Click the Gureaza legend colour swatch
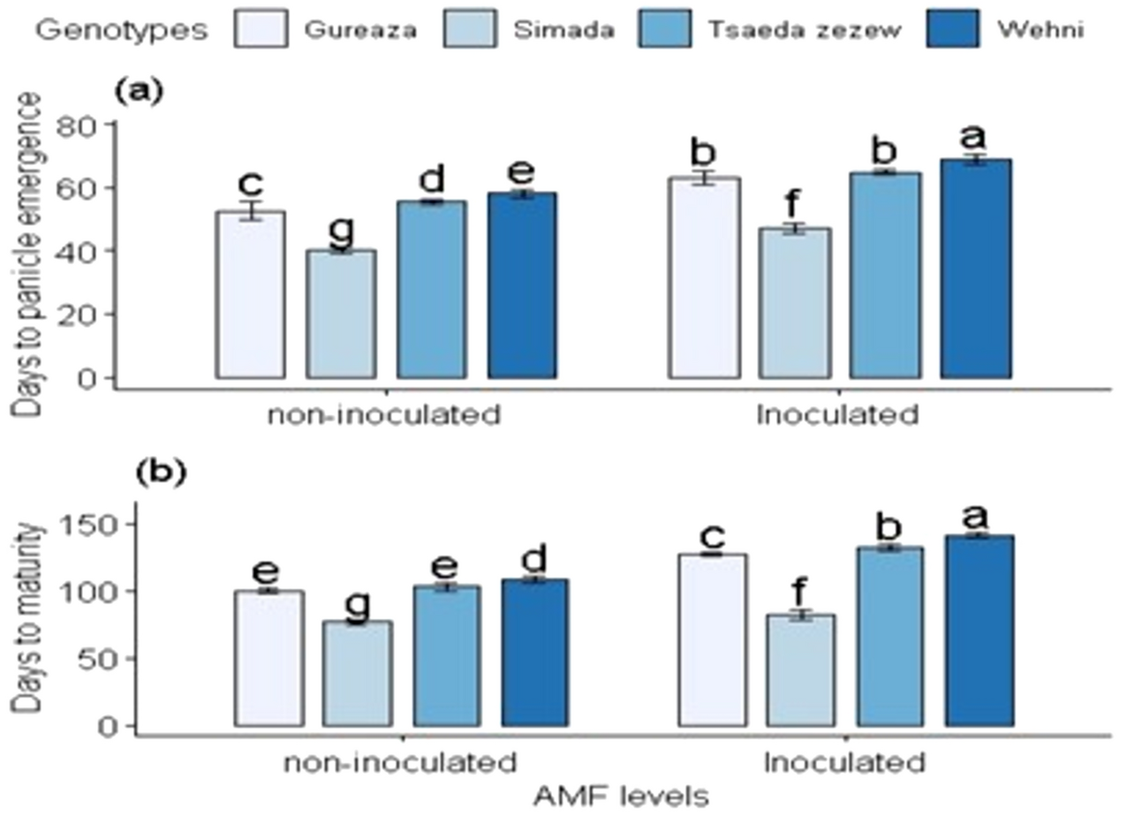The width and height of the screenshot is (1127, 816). (x=262, y=31)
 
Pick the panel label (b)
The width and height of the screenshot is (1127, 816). (x=160, y=472)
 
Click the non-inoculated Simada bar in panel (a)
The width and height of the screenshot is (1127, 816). (x=341, y=314)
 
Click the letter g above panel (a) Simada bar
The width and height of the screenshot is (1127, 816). (x=340, y=230)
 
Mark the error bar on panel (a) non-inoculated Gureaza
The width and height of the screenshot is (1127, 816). (x=251, y=211)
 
